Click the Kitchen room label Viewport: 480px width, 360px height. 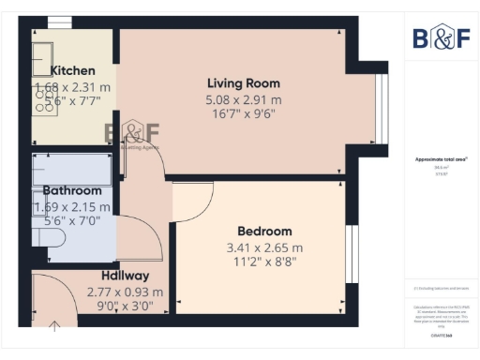(72, 70)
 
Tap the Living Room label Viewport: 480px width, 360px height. (244, 82)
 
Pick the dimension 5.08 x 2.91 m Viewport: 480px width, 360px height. (244, 99)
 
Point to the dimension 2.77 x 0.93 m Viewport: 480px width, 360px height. (125, 292)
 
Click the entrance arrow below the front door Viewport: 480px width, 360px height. (53, 325)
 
